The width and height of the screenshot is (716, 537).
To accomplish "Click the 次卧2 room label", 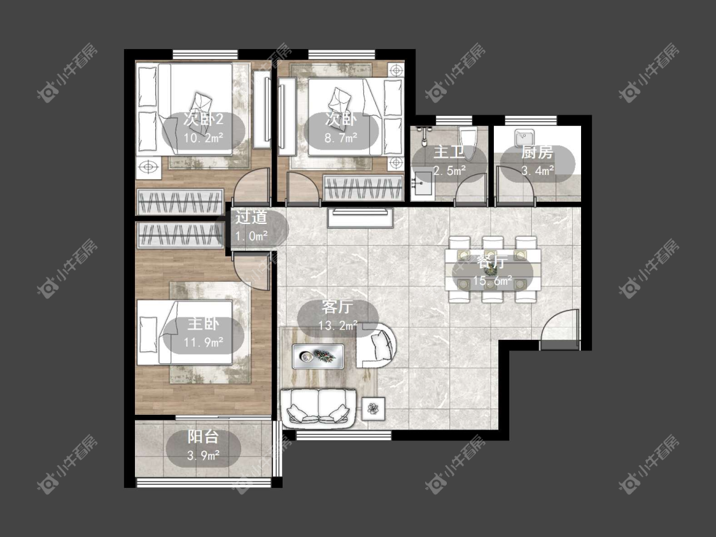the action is tap(203, 119).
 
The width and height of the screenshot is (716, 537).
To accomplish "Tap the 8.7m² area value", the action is tap(340, 137).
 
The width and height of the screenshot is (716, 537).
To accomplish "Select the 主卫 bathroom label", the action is tap(449, 152).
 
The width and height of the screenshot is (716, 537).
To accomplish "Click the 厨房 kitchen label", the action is tap(537, 152).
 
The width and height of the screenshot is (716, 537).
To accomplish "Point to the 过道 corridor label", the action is tap(251, 218).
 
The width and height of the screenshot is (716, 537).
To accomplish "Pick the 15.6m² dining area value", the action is tap(492, 281).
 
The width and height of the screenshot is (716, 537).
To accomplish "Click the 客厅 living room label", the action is tap(337, 307).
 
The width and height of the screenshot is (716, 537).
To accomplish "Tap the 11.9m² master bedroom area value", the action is tap(203, 342).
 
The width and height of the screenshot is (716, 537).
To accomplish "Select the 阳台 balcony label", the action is tap(203, 437).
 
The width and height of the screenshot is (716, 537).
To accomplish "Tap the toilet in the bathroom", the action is tap(468, 143).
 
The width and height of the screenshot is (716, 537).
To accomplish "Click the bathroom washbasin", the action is tap(422, 185).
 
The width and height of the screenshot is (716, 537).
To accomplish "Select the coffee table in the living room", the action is tap(318, 356).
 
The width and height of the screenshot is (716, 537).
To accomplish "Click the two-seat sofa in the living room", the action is tap(318, 408).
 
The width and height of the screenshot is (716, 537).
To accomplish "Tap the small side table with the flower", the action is tap(374, 408).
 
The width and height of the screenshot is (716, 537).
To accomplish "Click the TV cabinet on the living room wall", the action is tap(360, 218).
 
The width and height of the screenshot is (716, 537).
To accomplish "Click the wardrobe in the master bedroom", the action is tap(180, 235).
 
